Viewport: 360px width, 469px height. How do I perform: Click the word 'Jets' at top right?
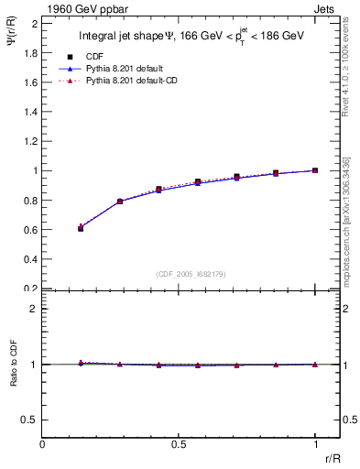(x=325, y=8)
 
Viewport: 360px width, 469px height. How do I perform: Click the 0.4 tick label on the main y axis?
(x=30, y=259)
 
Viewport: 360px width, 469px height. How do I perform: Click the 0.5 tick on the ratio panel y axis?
(x=30, y=420)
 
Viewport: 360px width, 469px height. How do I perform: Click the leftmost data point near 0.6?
(x=81, y=228)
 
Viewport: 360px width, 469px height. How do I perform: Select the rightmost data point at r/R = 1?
(x=315, y=170)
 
